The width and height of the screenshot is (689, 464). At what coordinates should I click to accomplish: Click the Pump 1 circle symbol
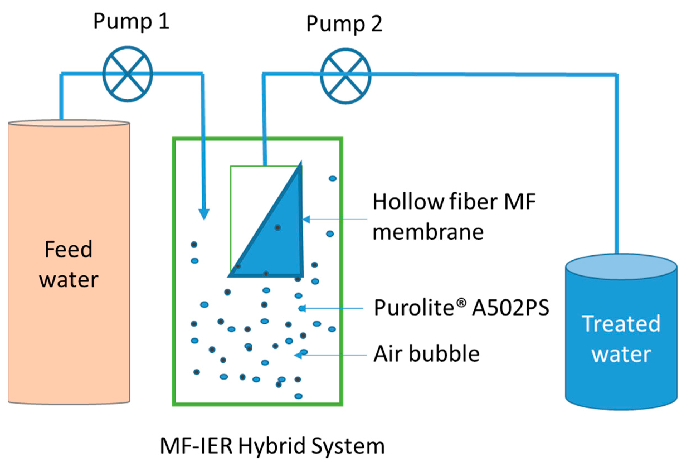pyautogui.click(x=128, y=74)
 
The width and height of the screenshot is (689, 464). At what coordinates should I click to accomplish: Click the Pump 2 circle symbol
pyautogui.click(x=345, y=76)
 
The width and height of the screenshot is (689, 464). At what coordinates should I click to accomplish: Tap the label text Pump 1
pyautogui.click(x=132, y=21)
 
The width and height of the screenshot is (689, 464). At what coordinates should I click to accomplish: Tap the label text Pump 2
pyautogui.click(x=344, y=24)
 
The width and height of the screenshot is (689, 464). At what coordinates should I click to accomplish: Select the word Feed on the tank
pyautogui.click(x=68, y=250)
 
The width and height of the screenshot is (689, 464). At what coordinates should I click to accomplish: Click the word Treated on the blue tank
pyautogui.click(x=621, y=324)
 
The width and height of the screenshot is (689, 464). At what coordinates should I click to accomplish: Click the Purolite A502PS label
pyautogui.click(x=461, y=308)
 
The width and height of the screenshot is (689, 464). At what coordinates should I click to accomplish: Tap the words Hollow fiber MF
pyautogui.click(x=454, y=202)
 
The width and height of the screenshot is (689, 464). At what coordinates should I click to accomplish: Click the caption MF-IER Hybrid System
pyautogui.click(x=272, y=446)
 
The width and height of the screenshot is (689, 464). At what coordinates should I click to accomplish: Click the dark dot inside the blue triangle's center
pyautogui.click(x=277, y=228)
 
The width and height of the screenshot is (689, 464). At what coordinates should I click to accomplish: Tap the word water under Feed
pyautogui.click(x=69, y=280)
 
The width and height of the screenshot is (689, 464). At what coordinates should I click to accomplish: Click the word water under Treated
pyautogui.click(x=621, y=354)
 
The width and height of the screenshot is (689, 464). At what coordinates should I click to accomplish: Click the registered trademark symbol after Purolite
pyautogui.click(x=462, y=302)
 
